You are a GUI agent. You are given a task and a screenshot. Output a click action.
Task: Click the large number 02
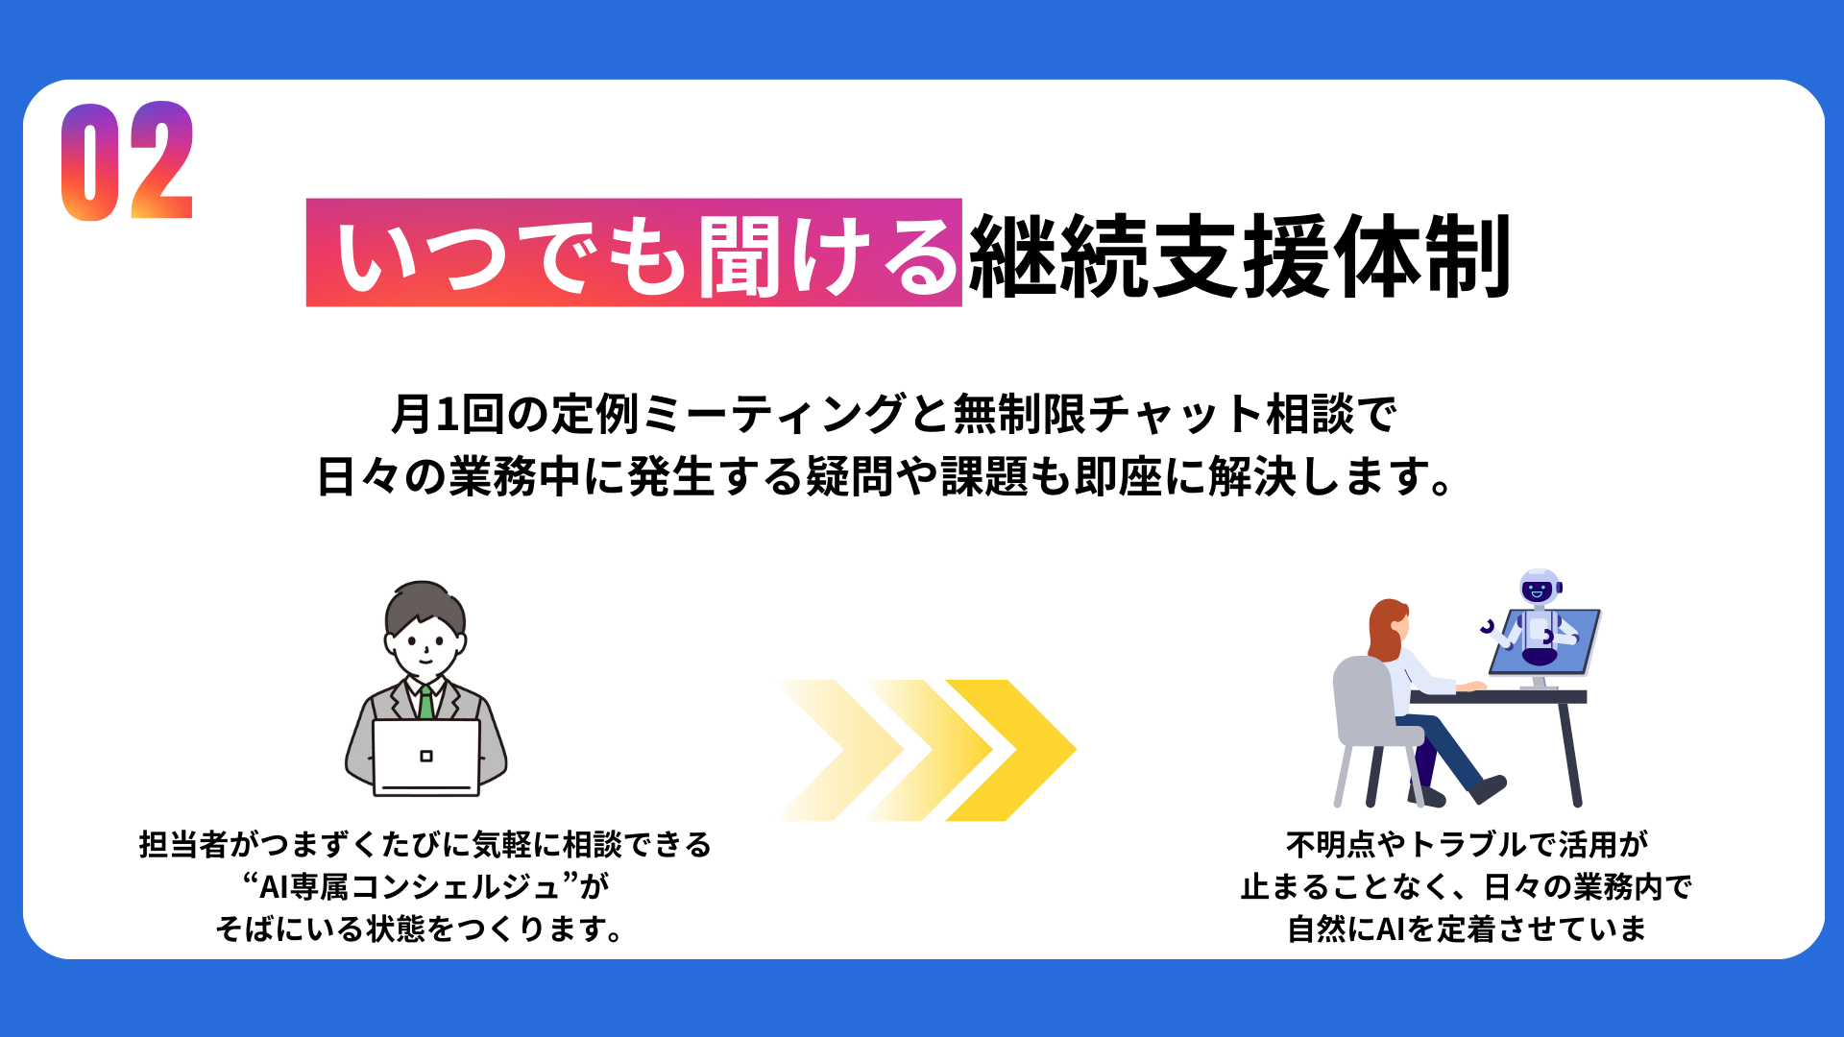coord(128,161)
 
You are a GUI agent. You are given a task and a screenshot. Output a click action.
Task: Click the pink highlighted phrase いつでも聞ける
coord(634,253)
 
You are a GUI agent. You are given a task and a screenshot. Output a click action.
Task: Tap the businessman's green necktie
coord(425,702)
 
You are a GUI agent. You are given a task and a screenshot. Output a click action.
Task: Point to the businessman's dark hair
coord(425,605)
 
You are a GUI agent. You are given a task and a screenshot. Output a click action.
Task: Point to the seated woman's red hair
coord(1385,629)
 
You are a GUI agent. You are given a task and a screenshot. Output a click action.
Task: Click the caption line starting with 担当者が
coord(425,844)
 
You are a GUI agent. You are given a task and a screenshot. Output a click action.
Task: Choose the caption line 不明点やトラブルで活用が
coord(1468,844)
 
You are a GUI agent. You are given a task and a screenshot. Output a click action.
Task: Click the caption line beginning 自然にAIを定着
coord(1468,928)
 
